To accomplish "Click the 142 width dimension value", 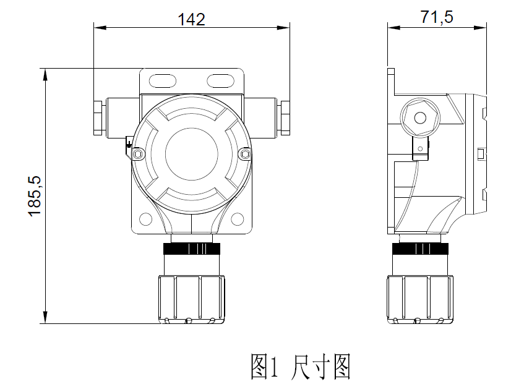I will pyautogui.click(x=191, y=19).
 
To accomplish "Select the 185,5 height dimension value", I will pyautogui.click(x=35, y=195).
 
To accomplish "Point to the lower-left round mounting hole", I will pyautogui.click(x=146, y=218).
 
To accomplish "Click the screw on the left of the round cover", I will pyautogui.click(x=137, y=153).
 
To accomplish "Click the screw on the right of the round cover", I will pyautogui.click(x=245, y=153).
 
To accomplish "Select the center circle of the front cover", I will pyautogui.click(x=191, y=152).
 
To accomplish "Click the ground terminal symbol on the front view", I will pyautogui.click(x=129, y=147).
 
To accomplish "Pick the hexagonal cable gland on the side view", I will pyautogui.click(x=420, y=118).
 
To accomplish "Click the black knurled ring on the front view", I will pyautogui.click(x=191, y=249).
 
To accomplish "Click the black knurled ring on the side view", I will pyautogui.click(x=420, y=249).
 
